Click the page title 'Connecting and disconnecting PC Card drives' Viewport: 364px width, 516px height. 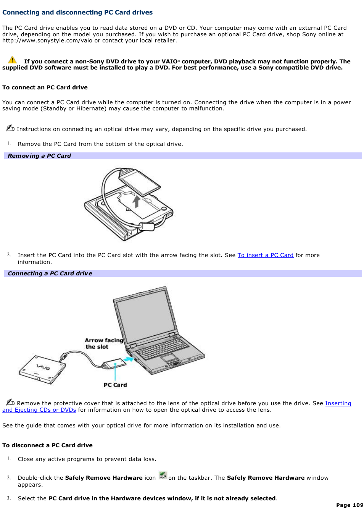77,12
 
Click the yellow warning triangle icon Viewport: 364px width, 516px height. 12,60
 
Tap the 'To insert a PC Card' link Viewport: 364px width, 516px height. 265,255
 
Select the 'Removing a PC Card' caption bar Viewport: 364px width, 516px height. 183,156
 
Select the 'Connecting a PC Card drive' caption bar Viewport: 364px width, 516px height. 183,273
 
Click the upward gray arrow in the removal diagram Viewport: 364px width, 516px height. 136,201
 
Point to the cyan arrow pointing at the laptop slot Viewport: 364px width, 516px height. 129,359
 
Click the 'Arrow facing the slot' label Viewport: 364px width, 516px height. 103,343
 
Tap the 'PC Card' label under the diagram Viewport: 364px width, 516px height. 115,385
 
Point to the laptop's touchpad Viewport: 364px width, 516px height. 170,358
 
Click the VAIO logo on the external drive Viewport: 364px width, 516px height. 43,367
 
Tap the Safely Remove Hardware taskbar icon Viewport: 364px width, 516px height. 163,476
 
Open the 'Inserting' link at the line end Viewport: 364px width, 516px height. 338,403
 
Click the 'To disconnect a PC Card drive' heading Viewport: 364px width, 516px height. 47,445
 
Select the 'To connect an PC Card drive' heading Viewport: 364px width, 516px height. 45,87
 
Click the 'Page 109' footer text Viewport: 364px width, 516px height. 350,505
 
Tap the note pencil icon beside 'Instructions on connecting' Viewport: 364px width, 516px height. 10,128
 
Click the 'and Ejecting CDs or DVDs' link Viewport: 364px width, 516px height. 39,410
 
